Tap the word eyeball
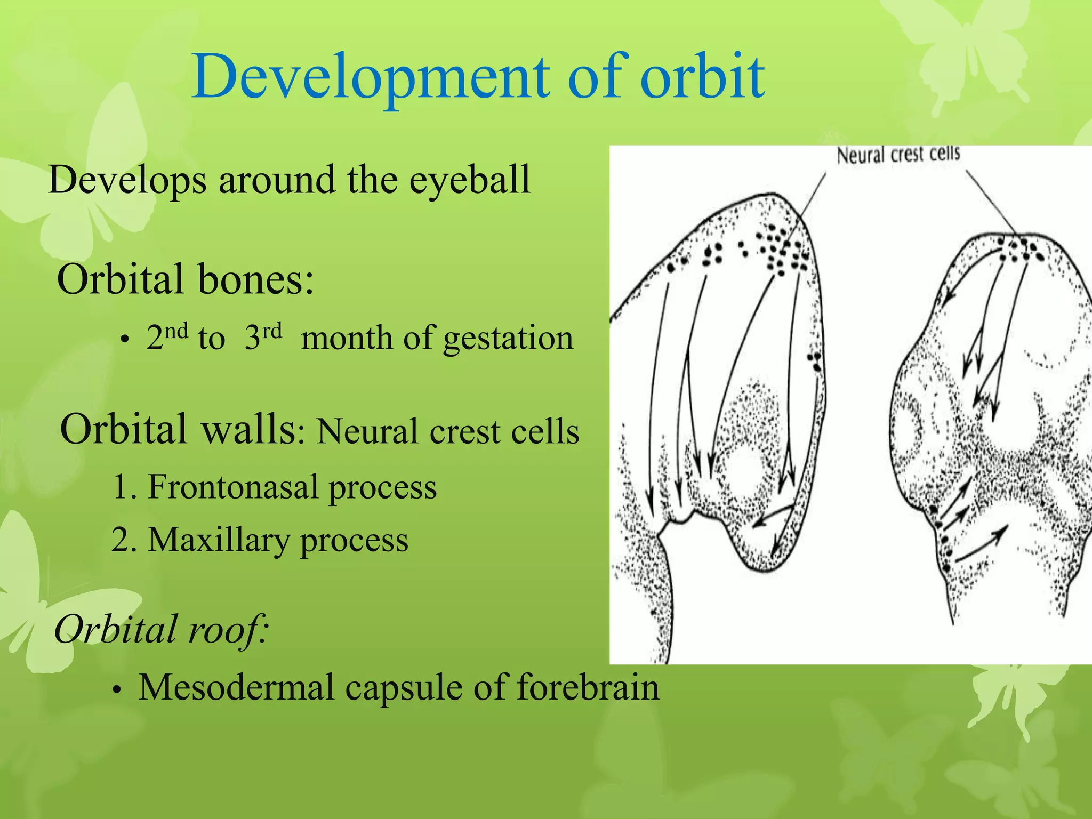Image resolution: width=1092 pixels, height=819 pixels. [x=470, y=180]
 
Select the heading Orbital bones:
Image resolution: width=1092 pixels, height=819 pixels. [x=185, y=279]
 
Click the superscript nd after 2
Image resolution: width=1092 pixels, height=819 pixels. [x=176, y=331]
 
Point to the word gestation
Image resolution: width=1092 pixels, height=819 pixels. [x=508, y=339]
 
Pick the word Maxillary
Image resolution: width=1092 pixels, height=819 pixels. [x=219, y=540]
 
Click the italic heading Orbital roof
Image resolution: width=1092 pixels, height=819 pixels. [x=160, y=629]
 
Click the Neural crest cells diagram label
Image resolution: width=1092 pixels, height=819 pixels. [x=898, y=155]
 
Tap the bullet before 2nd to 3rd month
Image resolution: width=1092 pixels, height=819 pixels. [x=124, y=341]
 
